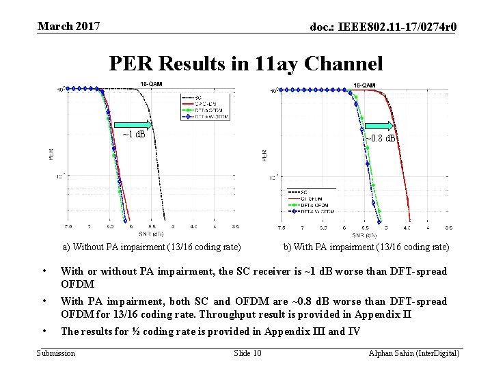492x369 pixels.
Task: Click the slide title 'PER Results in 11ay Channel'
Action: tap(246, 64)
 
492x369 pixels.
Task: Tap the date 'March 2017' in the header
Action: tap(69, 27)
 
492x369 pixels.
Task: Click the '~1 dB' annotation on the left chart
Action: tap(133, 134)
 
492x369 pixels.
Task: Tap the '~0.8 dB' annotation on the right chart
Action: tap(381, 138)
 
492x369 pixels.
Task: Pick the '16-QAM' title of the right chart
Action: tap(364, 85)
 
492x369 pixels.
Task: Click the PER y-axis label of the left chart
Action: tap(51, 155)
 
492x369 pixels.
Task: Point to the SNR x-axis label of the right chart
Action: tap(368, 234)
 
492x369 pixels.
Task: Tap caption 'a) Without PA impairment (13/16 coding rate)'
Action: tap(152, 247)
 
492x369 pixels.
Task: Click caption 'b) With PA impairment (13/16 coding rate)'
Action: tap(366, 247)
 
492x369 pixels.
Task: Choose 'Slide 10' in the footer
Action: tap(247, 353)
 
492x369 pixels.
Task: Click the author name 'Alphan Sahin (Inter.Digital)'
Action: tap(413, 353)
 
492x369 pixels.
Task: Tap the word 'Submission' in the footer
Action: tap(56, 353)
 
